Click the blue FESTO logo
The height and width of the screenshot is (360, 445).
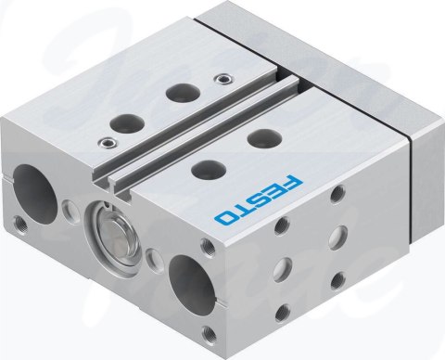259,200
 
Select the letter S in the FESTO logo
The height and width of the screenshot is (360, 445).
259,200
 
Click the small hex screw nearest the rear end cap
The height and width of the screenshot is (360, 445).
222,79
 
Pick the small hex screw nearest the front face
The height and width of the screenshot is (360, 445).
107,143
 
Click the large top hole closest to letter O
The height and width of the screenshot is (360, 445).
208,169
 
